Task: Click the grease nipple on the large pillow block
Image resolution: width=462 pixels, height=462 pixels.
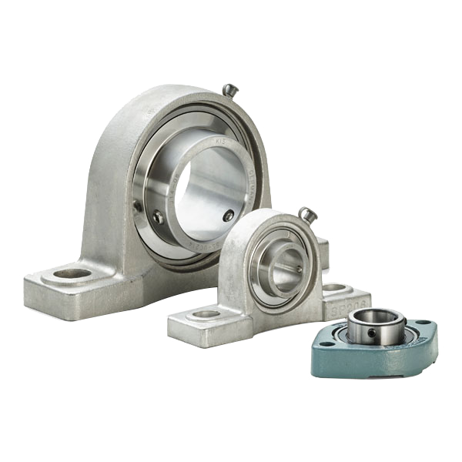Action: pyautogui.click(x=229, y=90)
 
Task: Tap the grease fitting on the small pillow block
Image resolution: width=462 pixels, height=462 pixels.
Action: pyautogui.click(x=306, y=214)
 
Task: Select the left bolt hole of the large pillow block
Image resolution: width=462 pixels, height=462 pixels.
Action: pyautogui.click(x=72, y=273)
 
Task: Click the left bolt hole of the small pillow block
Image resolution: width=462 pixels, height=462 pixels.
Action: pyautogui.click(x=205, y=314)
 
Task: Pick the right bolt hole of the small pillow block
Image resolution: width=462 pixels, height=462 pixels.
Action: pyautogui.click(x=334, y=288)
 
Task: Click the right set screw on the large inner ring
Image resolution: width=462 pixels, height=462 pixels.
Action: pyautogui.click(x=228, y=216)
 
